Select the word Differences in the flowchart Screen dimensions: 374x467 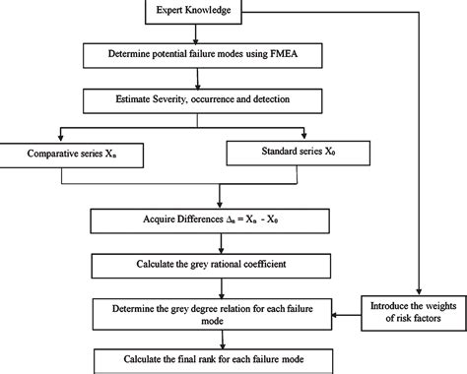point(183,220)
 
